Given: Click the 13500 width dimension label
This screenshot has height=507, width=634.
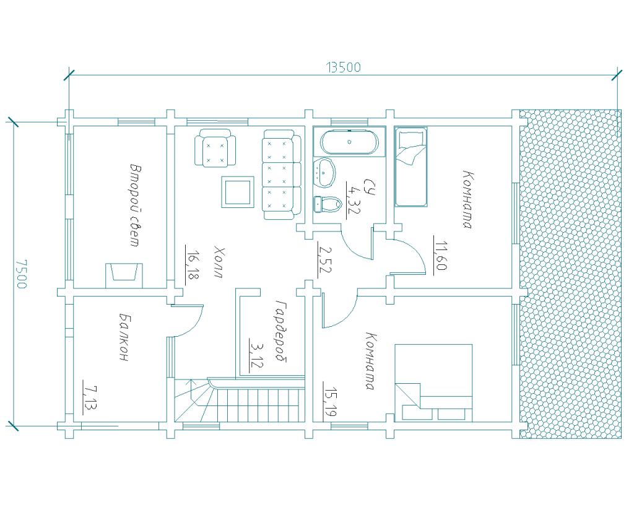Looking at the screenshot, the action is click(x=343, y=67).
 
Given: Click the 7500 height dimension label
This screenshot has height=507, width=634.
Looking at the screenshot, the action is click(x=22, y=274).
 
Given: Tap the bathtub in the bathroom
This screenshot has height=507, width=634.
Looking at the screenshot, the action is click(x=349, y=142).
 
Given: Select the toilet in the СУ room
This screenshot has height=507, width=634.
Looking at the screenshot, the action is click(x=328, y=204).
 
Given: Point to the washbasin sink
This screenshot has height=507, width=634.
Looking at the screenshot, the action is click(x=324, y=173).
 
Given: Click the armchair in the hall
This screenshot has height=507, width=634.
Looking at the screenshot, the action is click(x=215, y=147).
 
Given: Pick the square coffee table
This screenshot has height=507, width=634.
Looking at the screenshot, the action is click(x=237, y=192).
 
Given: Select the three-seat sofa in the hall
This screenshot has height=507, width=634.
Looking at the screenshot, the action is click(x=282, y=174).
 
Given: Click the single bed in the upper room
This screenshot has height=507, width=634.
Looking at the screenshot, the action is click(x=411, y=167).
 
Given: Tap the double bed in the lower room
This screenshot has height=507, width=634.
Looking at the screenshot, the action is click(x=433, y=383).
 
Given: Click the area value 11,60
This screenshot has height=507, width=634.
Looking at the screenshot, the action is click(x=441, y=254).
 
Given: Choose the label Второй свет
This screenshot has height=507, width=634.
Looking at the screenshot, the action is click(x=134, y=205).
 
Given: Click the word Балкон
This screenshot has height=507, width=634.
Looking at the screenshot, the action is click(x=124, y=337).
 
